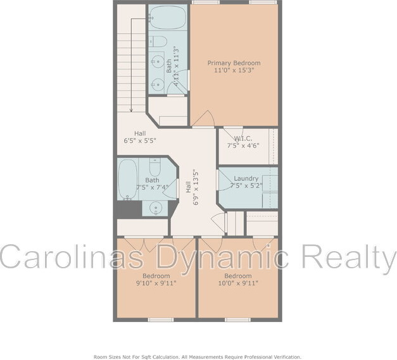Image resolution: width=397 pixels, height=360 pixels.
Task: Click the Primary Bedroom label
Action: pyautogui.click(x=234, y=63)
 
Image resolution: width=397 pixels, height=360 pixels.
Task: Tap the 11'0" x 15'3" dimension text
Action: pyautogui.click(x=234, y=70)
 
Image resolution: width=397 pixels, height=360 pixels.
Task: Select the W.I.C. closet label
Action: pyautogui.click(x=243, y=139)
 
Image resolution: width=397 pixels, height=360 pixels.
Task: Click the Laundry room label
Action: pyautogui.click(x=246, y=178)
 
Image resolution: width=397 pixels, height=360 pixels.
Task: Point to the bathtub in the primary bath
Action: pyautogui.click(x=167, y=18)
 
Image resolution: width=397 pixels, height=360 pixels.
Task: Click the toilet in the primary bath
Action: pyautogui.click(x=158, y=41)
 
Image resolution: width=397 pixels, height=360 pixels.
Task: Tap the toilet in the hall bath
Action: pyautogui.click(x=154, y=167)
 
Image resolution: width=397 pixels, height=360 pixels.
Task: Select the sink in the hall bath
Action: pyautogui.click(x=154, y=208)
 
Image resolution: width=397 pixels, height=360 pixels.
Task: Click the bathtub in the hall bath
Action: pyautogui.click(x=128, y=178)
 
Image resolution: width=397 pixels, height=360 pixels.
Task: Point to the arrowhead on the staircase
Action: pyautogui.click(x=131, y=110)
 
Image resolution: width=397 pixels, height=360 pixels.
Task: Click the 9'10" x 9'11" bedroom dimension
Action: pyautogui.click(x=156, y=283)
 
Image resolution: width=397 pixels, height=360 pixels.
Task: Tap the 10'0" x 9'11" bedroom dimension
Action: pyautogui.click(x=238, y=283)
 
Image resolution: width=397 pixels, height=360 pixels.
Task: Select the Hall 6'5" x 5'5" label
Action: pyautogui.click(x=140, y=137)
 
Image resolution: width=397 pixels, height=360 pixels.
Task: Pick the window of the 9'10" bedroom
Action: pyautogui.click(x=161, y=320)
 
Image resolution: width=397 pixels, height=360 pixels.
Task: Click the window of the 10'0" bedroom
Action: pyautogui.click(x=237, y=320)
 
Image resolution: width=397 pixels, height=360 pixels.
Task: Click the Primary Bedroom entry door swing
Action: pyautogui.click(x=203, y=118)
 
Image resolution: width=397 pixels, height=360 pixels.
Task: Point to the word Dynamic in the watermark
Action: pyautogui.click(x=222, y=256)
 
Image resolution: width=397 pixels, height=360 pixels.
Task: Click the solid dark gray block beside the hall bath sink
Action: pyautogui.click(x=129, y=209)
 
